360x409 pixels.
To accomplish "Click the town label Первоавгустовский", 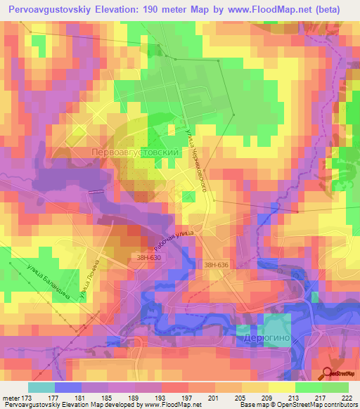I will (132, 152).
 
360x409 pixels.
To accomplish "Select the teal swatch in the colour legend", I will (41, 387).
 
